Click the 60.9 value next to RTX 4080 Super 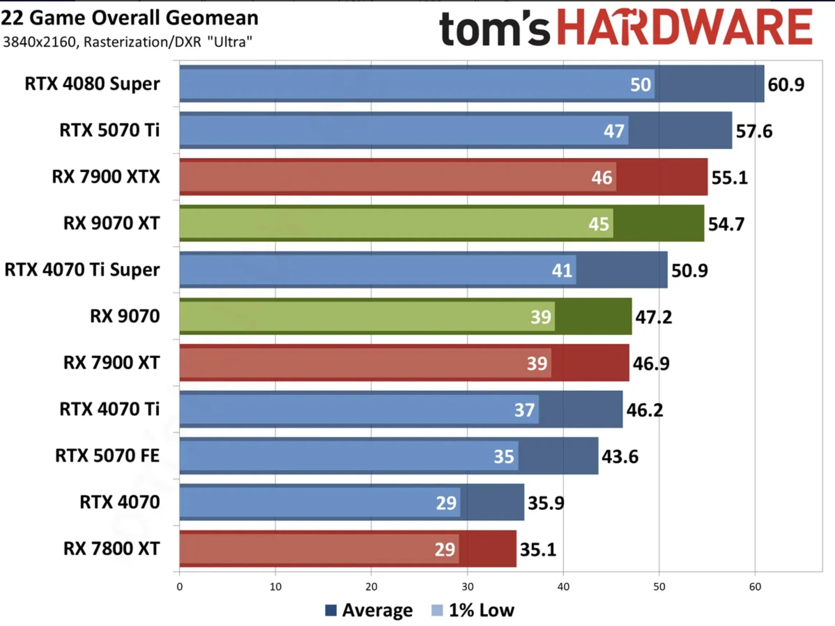click(786, 85)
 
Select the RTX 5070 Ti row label click(109, 130)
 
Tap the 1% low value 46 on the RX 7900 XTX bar click(601, 177)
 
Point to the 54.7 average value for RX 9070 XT click(726, 224)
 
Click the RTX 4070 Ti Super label click(82, 270)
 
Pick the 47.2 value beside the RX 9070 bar click(653, 317)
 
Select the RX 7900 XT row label click(111, 363)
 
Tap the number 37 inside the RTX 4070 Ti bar click(524, 410)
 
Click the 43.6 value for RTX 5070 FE click(620, 457)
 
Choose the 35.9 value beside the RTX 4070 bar click(546, 503)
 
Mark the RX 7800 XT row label click(111, 549)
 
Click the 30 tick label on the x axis click(467, 587)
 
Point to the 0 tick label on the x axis click(180, 587)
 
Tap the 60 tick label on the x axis click(755, 587)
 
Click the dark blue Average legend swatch click(331, 610)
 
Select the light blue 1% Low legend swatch click(437, 610)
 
